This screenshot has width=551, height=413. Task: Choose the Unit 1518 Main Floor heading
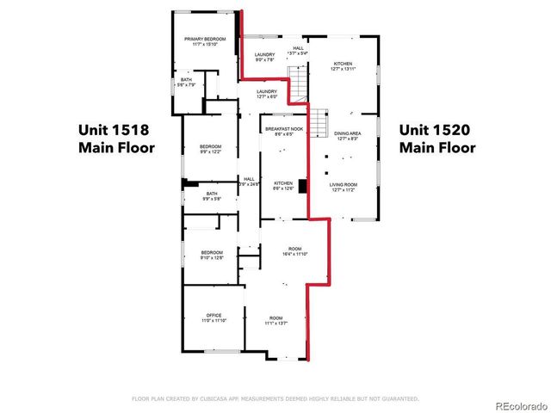[116, 139]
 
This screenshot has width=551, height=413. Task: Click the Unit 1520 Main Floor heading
[437, 139]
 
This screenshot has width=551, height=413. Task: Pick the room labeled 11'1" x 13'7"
[275, 320]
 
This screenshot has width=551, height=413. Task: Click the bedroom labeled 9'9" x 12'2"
[211, 150]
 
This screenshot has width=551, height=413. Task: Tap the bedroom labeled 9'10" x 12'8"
[212, 255]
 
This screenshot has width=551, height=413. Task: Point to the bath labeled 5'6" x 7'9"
[187, 83]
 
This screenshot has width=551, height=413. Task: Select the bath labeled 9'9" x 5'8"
[212, 196]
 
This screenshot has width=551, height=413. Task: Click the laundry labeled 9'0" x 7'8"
[264, 58]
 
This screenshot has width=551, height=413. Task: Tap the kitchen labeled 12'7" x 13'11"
[344, 67]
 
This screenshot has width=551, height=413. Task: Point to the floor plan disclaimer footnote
[275, 398]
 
